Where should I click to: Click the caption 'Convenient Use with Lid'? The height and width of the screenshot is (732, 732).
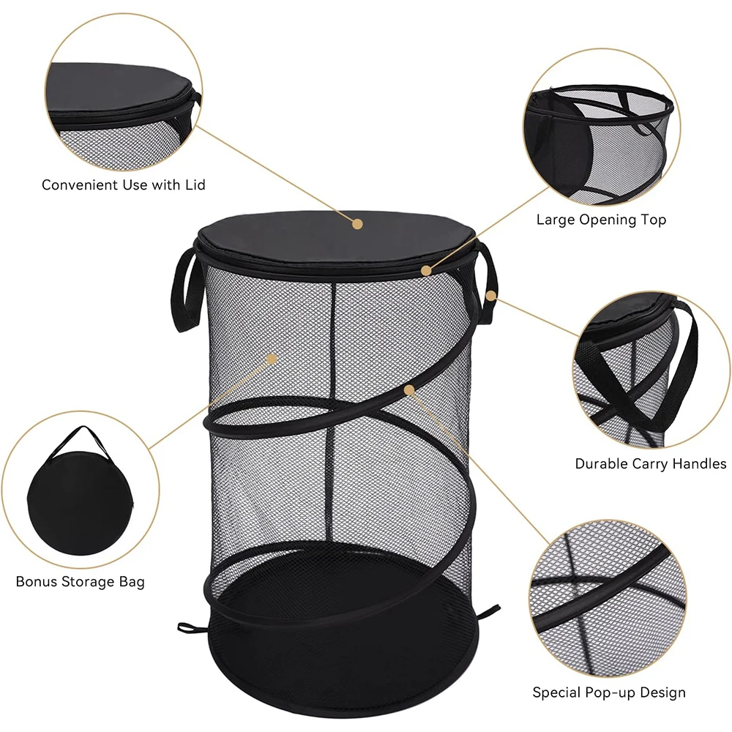pyautogui.click(x=123, y=185)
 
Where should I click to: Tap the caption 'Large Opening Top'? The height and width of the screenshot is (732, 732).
pyautogui.click(x=601, y=220)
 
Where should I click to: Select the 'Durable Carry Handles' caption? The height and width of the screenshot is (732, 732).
pyautogui.click(x=650, y=464)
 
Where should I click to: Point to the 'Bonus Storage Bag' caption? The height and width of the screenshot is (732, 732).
pyautogui.click(x=81, y=582)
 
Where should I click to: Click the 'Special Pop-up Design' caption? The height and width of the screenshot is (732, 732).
pyautogui.click(x=608, y=692)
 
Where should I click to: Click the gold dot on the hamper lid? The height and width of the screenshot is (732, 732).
pyautogui.click(x=358, y=223)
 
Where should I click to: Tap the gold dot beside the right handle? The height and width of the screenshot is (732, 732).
pyautogui.click(x=491, y=296)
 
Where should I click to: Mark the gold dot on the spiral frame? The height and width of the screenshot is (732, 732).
pyautogui.click(x=409, y=390)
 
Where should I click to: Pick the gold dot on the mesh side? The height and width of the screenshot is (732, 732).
pyautogui.click(x=272, y=359)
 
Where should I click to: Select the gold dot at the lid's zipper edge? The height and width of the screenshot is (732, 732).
pyautogui.click(x=427, y=270)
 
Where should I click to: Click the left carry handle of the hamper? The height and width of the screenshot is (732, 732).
pyautogui.click(x=184, y=289)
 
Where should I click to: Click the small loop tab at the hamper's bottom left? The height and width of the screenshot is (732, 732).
pyautogui.click(x=189, y=627)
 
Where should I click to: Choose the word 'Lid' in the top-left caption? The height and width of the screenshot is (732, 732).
pyautogui.click(x=195, y=185)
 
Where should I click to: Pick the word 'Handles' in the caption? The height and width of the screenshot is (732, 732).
pyautogui.click(x=699, y=464)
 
